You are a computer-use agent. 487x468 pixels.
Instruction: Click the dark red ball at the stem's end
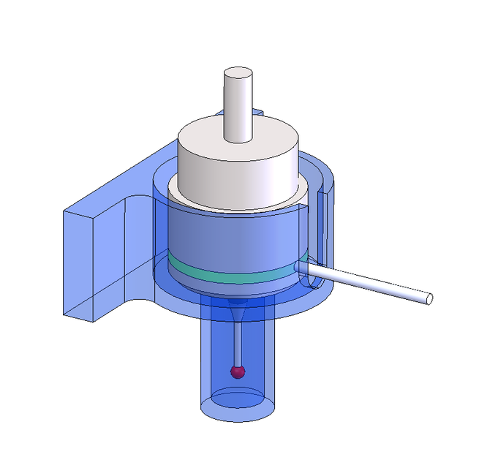point(237,371)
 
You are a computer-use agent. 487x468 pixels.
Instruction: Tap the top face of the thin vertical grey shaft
point(238,73)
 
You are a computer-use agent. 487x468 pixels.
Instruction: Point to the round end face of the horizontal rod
point(430,298)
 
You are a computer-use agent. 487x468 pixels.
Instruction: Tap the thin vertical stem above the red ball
point(237,344)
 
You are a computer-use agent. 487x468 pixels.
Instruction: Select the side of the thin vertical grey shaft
point(238,110)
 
